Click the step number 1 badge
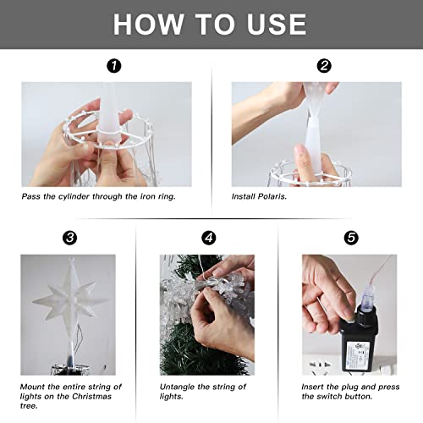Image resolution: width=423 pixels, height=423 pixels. click(114, 65)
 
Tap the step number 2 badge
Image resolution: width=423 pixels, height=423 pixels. click(322, 65)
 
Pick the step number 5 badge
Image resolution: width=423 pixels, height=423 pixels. click(348, 239)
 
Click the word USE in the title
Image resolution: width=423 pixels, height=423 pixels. click(273, 24)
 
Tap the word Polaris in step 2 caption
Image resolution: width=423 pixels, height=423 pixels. click(269, 195)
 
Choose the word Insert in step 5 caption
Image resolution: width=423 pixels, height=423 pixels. click(316, 387)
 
